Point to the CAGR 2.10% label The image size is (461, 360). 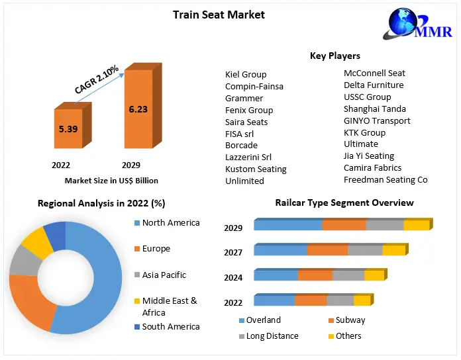[97, 79]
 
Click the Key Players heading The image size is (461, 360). [335, 56]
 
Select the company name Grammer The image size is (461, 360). [244, 99]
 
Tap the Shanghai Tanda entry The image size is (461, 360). [375, 109]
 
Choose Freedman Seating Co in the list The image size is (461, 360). [385, 180]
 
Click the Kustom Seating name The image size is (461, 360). [256, 169]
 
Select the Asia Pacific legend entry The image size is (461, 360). [164, 275]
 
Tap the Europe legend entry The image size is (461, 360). [156, 249]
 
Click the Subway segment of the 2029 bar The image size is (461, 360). [344, 225]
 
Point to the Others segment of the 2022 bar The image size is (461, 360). [362, 300]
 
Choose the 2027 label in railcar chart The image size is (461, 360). [234, 253]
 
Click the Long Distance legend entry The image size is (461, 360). [272, 336]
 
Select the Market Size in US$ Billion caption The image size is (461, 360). [111, 181]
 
